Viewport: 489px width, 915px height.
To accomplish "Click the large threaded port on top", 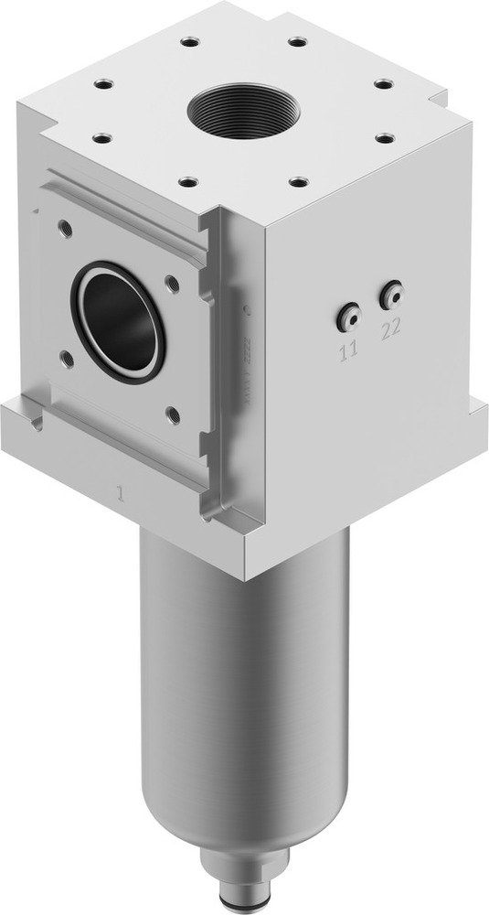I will [x=242, y=110].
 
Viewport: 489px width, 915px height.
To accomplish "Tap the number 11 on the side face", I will [x=349, y=349].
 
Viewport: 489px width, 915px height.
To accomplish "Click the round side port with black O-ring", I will [x=118, y=321].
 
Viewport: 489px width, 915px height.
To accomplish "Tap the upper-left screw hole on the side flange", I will [x=63, y=224].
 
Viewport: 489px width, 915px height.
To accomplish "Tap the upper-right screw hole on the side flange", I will [x=172, y=284].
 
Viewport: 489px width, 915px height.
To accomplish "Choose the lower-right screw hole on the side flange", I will [x=173, y=414].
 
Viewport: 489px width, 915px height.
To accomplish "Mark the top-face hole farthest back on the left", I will [x=189, y=41].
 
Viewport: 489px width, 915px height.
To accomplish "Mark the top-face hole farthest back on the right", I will [x=297, y=41].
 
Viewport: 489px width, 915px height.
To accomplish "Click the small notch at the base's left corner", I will [x=35, y=424].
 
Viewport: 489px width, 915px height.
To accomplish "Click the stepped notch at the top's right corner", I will [x=437, y=94].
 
